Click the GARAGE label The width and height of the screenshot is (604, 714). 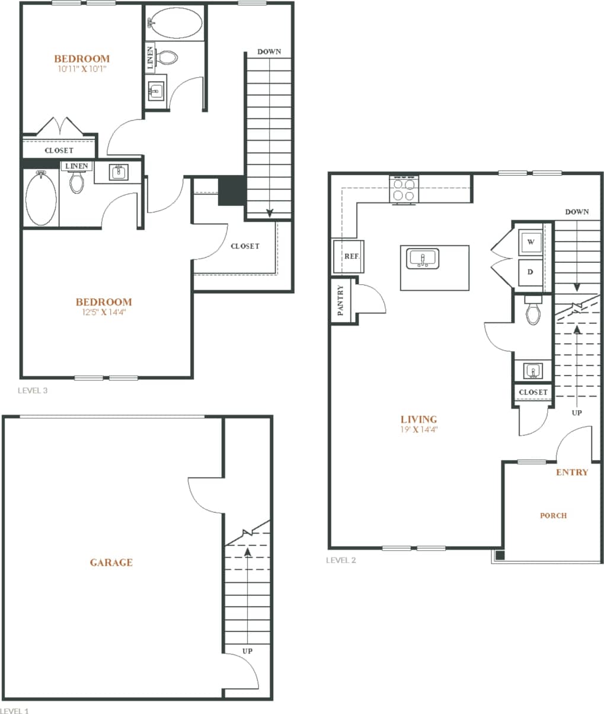pyautogui.click(x=111, y=563)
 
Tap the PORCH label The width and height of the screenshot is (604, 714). pyautogui.click(x=553, y=516)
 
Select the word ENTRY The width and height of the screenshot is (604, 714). pyautogui.click(x=572, y=472)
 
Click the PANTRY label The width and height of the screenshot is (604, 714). pyautogui.click(x=340, y=300)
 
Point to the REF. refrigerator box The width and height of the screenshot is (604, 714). pyautogui.click(x=349, y=256)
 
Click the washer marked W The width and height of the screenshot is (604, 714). pyautogui.click(x=531, y=242)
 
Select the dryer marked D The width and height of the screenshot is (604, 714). pyautogui.click(x=531, y=272)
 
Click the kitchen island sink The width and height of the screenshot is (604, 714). pyautogui.click(x=423, y=259)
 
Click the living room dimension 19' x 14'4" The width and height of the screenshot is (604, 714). pyautogui.click(x=418, y=429)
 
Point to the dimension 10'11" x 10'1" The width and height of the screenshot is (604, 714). pyautogui.click(x=82, y=69)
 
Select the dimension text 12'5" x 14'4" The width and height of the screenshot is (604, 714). pyautogui.click(x=104, y=312)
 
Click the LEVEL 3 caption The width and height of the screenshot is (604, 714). pyautogui.click(x=33, y=391)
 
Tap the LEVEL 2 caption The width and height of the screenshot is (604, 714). pyautogui.click(x=341, y=560)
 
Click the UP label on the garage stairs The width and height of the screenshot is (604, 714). pyautogui.click(x=247, y=651)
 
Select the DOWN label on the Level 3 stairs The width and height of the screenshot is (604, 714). pyautogui.click(x=269, y=52)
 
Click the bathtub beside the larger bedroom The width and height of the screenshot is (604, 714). pyautogui.click(x=41, y=198)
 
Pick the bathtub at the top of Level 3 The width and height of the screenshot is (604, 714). pyautogui.click(x=175, y=23)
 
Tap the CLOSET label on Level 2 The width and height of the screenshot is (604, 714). pyautogui.click(x=533, y=392)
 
